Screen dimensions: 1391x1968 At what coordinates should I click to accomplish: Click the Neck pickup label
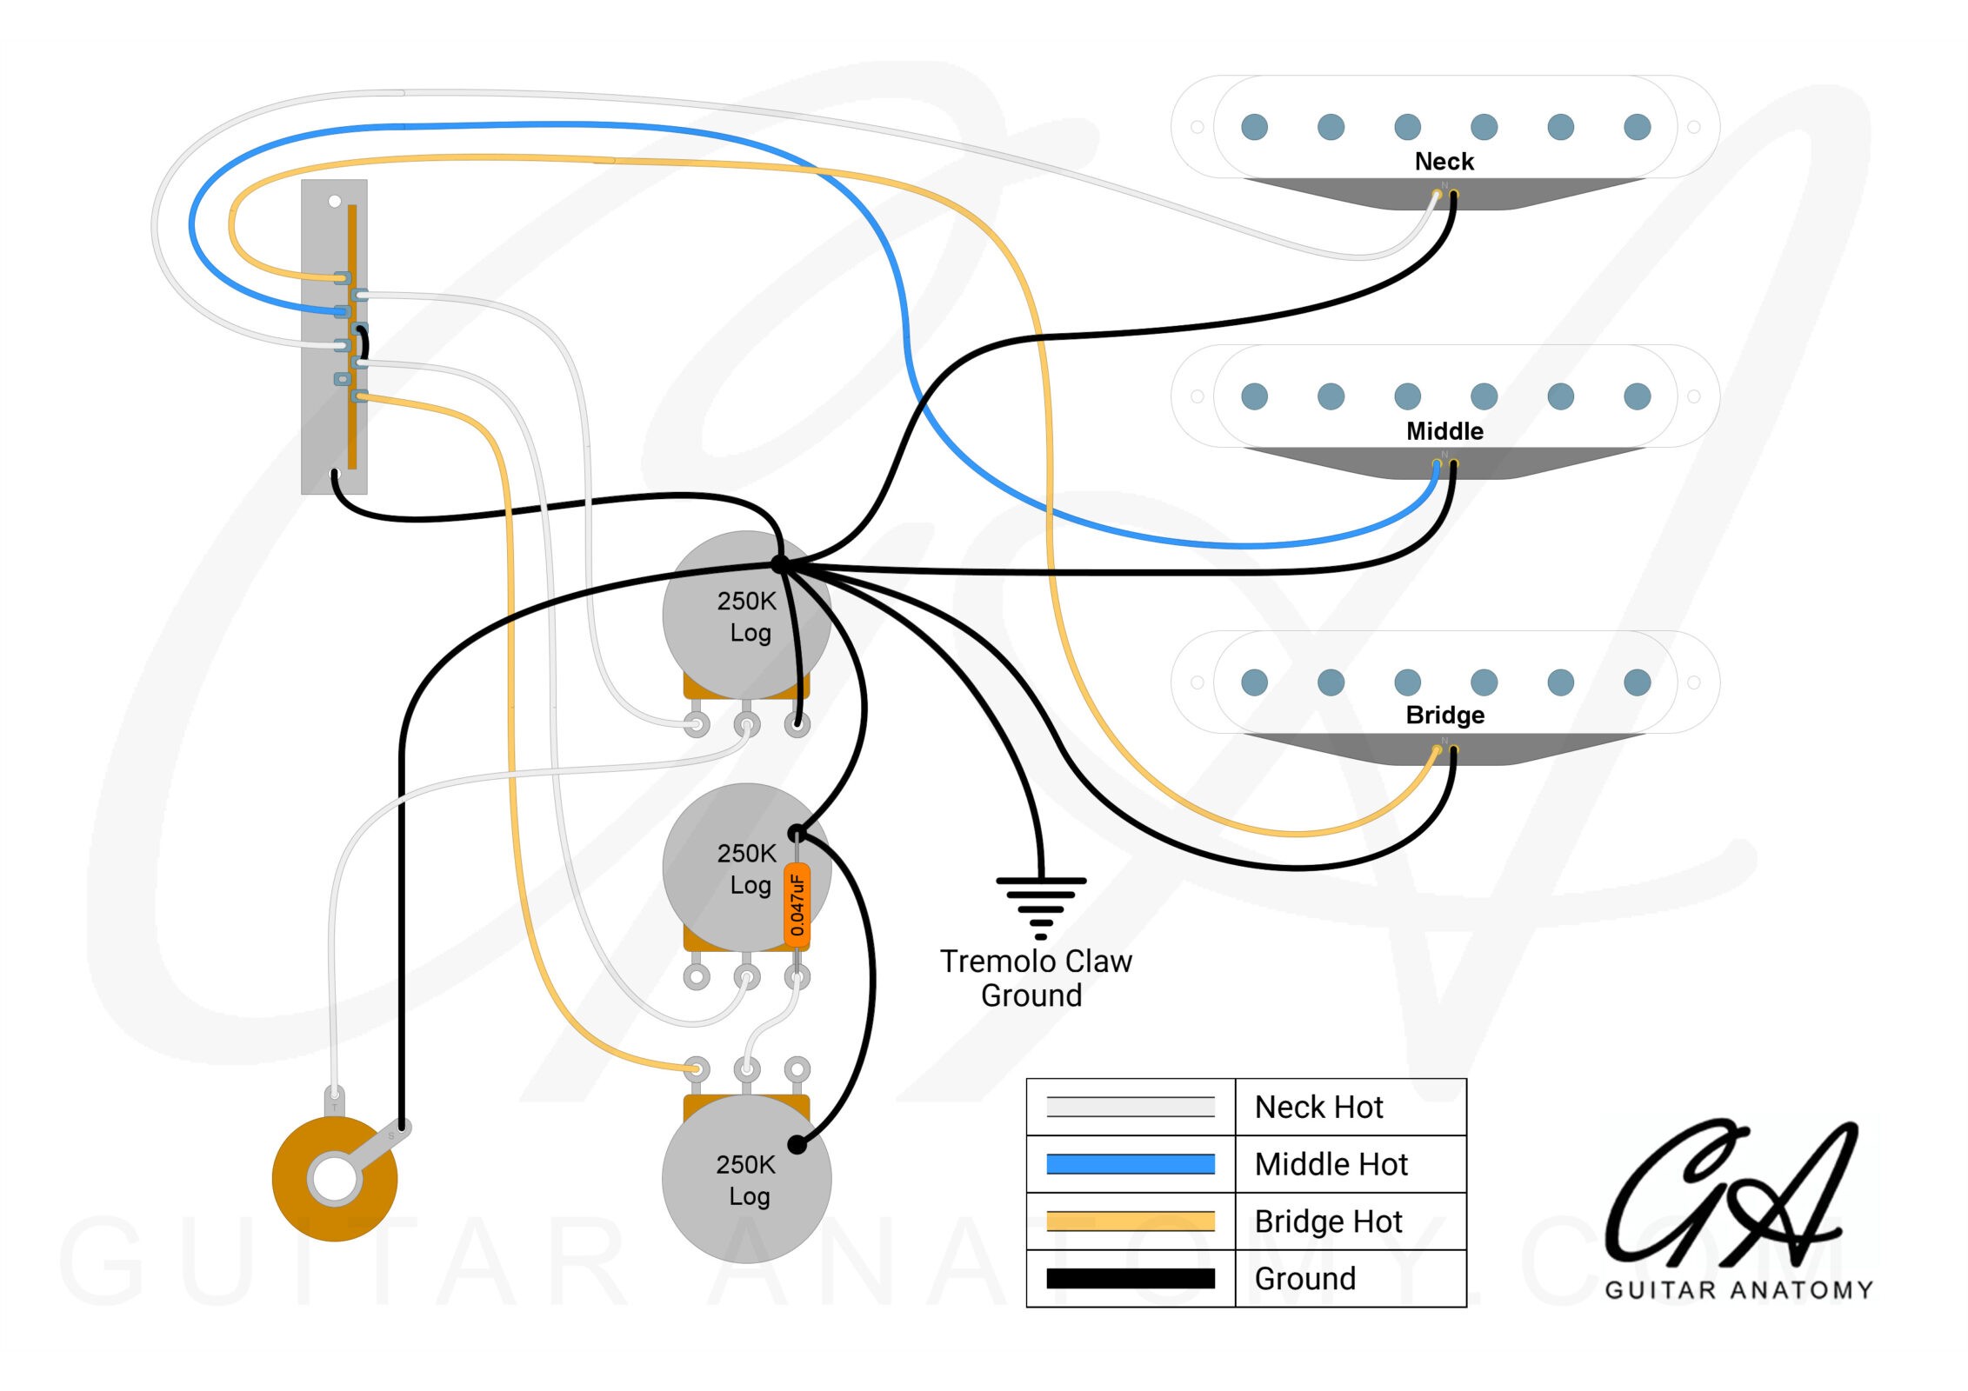click(x=1444, y=162)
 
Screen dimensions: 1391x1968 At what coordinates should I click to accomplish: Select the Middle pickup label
click(x=1444, y=431)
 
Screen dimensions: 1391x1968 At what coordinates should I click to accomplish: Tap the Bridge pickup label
click(x=1444, y=715)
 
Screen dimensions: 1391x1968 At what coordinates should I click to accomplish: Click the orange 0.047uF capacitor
click(x=797, y=906)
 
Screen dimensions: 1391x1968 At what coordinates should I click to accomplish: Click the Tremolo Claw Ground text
click(x=1035, y=978)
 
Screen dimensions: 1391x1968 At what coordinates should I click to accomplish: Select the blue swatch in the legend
click(x=1130, y=1164)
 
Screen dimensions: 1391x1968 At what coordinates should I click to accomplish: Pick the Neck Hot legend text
click(x=1318, y=1108)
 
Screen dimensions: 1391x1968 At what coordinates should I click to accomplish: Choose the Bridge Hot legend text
click(x=1328, y=1221)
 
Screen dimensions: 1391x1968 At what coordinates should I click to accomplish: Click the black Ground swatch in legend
click(x=1130, y=1279)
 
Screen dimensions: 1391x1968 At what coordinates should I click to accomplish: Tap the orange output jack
click(x=335, y=1180)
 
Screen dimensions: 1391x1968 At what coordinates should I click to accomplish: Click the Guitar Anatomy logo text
click(x=1738, y=1290)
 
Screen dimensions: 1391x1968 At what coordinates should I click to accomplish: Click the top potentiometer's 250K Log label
click(x=746, y=616)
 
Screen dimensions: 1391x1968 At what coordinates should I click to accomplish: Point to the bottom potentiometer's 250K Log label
click(x=746, y=1180)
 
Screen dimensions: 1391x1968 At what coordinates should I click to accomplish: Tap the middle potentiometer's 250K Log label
click(x=746, y=869)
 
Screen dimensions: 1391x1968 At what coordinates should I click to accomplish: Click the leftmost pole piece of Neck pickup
click(x=1254, y=127)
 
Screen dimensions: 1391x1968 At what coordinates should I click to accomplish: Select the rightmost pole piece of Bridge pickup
click(x=1637, y=682)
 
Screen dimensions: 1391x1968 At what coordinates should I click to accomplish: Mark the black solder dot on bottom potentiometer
click(x=797, y=1144)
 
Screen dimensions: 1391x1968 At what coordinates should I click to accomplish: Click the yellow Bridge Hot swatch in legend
click(x=1130, y=1221)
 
